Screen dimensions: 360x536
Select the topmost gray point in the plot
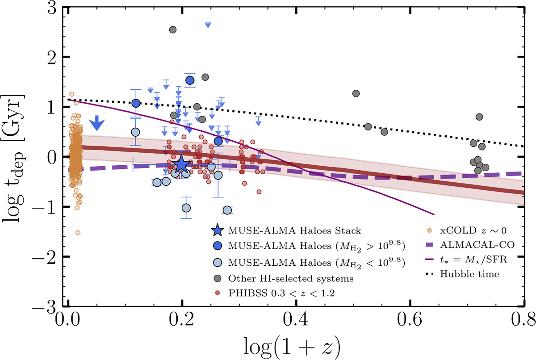click(x=173, y=29)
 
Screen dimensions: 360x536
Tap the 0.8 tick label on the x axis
click(x=523, y=320)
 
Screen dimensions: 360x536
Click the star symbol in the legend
click(x=217, y=230)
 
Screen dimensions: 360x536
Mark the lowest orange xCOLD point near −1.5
click(x=78, y=232)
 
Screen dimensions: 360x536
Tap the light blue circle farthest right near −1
click(x=227, y=210)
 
